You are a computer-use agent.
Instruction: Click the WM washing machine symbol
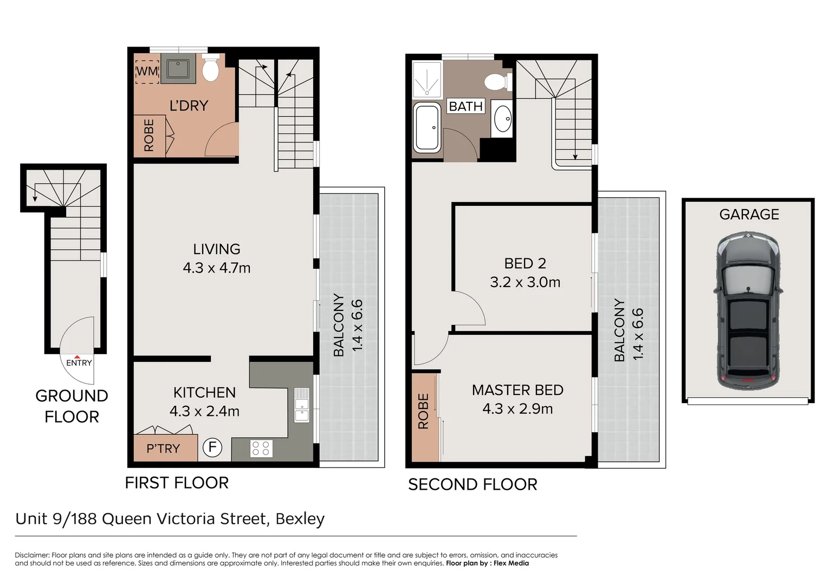click(147, 71)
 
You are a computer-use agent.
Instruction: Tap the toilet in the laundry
click(211, 67)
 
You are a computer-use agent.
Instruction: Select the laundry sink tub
click(178, 68)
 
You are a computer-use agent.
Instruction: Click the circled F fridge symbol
click(212, 447)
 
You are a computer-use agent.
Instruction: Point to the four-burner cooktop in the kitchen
click(261, 448)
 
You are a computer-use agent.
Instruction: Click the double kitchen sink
click(302, 405)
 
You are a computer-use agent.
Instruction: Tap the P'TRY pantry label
click(163, 448)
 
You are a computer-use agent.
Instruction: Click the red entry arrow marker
click(77, 357)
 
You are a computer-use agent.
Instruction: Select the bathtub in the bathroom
click(427, 128)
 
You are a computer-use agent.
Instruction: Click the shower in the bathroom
click(427, 80)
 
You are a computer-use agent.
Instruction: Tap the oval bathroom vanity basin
click(503, 119)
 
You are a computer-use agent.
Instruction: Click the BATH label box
click(466, 106)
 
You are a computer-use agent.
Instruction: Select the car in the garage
click(748, 310)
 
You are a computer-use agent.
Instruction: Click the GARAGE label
click(749, 214)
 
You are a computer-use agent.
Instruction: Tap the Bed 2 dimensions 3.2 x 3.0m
click(525, 282)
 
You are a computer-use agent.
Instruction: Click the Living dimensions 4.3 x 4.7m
click(217, 268)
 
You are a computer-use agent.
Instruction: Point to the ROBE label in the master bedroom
click(423, 411)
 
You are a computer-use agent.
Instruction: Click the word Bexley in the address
click(300, 519)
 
